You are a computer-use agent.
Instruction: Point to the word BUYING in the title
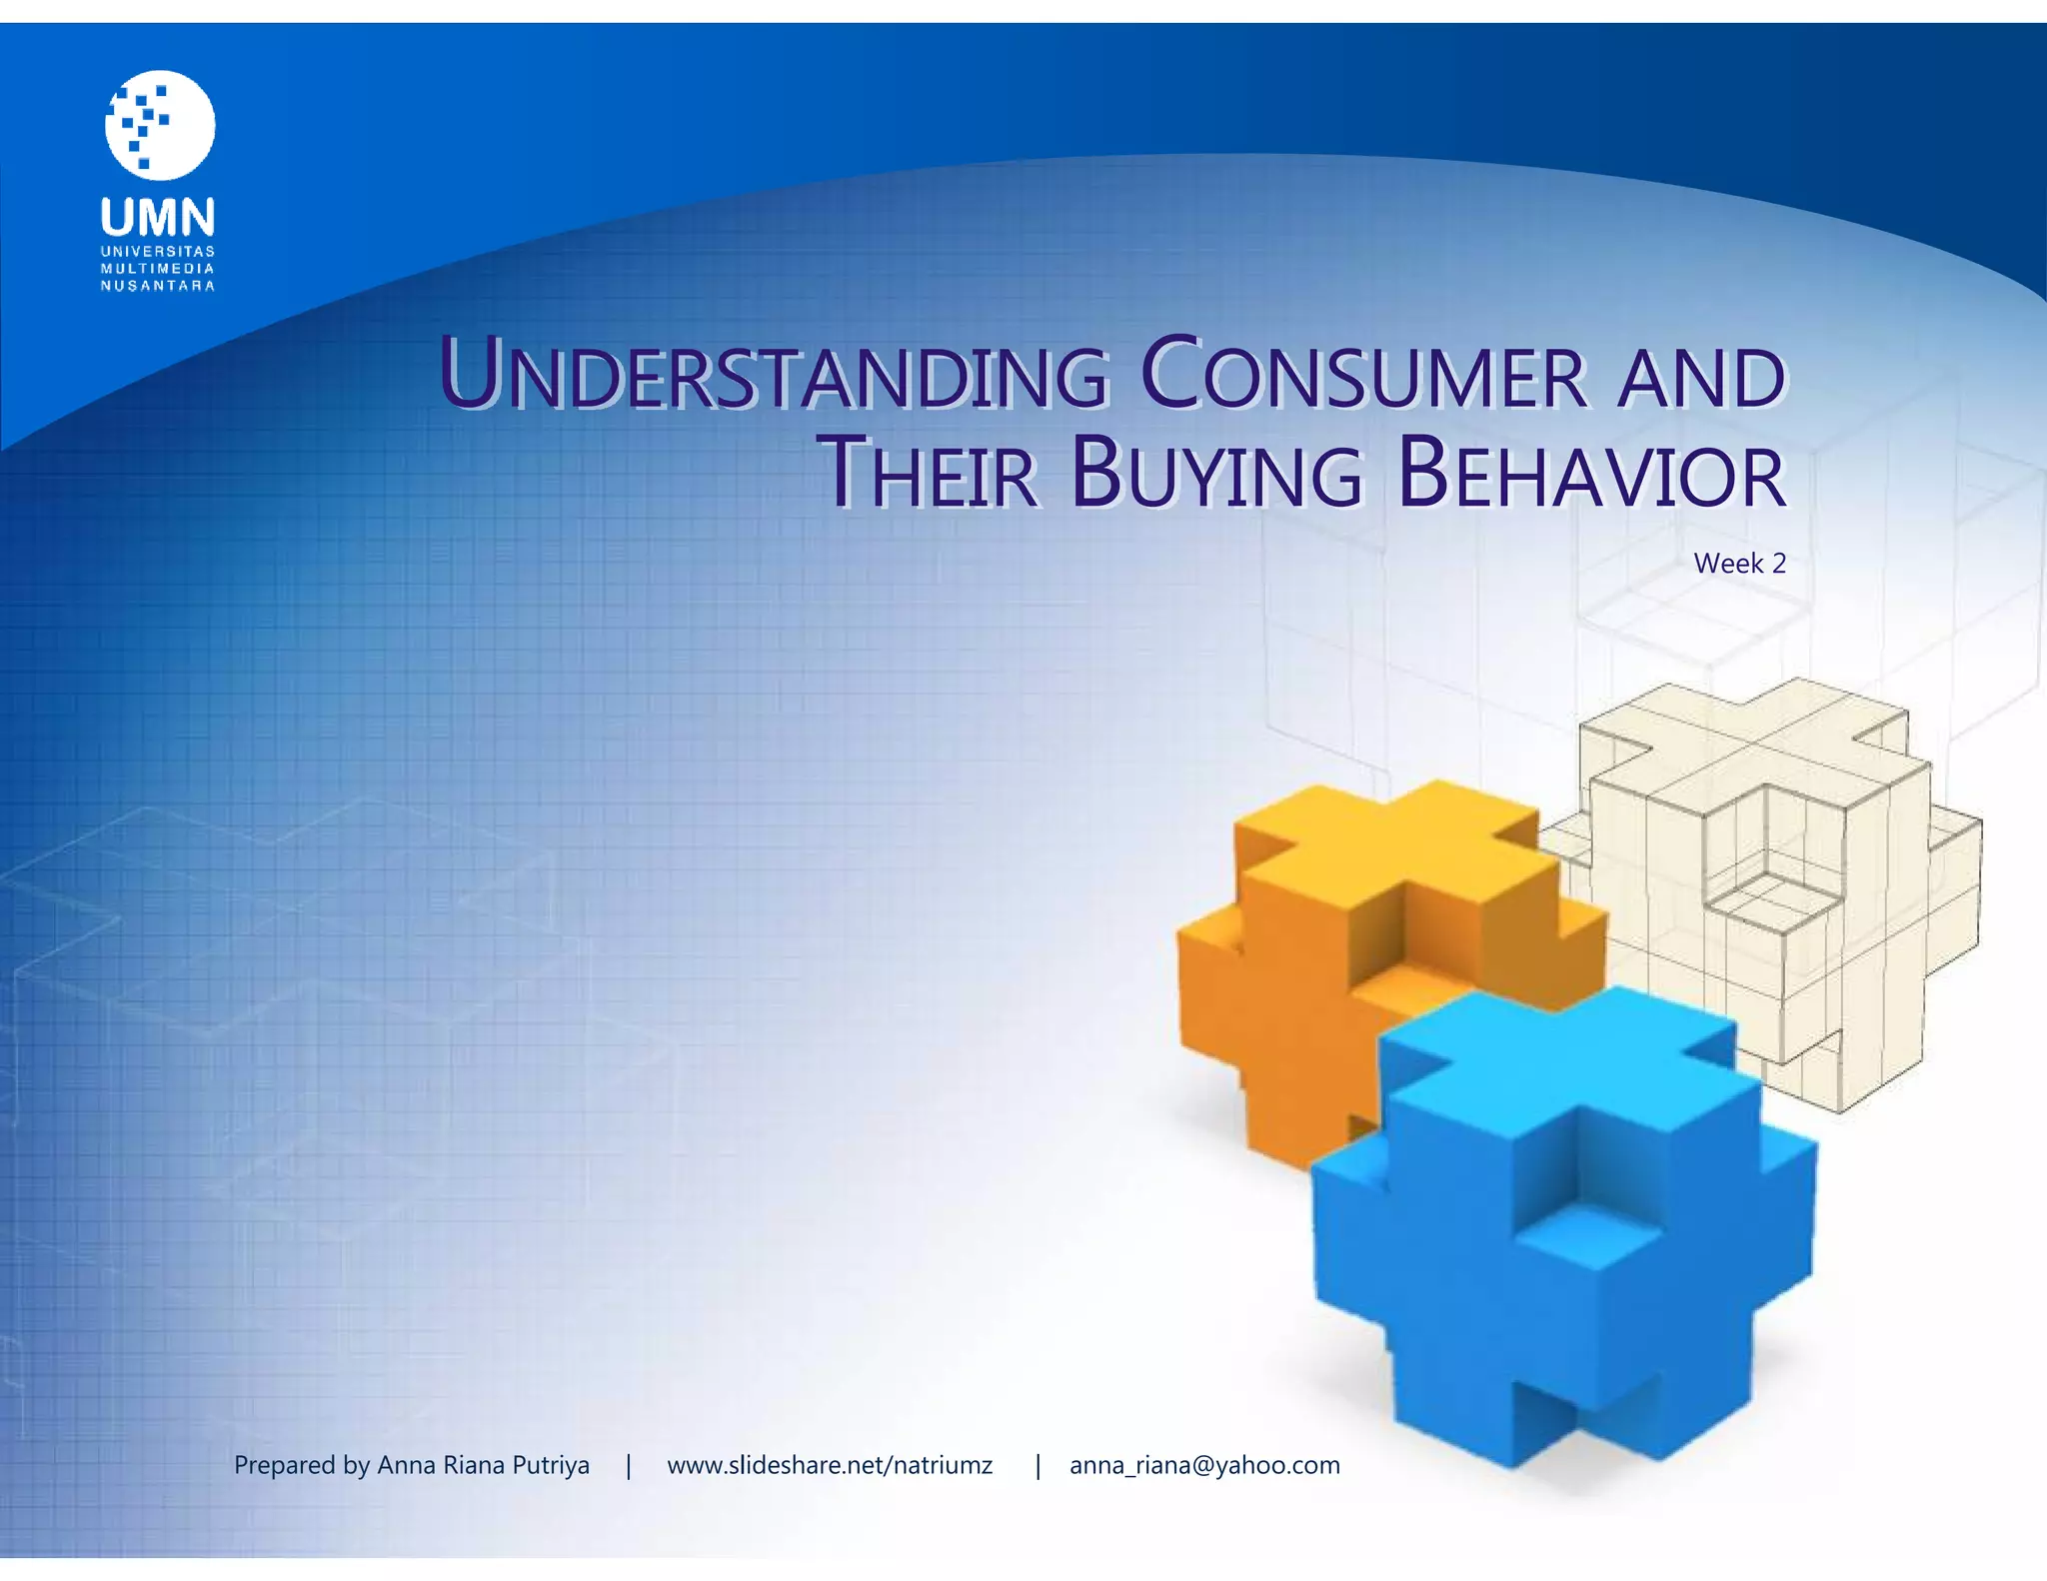[x=1216, y=473]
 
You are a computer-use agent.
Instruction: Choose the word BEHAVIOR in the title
[x=1591, y=473]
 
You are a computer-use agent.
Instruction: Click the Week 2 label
[x=1739, y=564]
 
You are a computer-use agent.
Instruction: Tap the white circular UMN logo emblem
[x=160, y=125]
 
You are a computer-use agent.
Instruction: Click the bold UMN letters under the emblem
[x=158, y=217]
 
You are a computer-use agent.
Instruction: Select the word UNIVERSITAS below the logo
[x=158, y=252]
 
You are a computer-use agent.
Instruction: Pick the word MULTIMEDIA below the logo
[x=158, y=269]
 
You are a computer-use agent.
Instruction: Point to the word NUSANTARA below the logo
[x=158, y=286]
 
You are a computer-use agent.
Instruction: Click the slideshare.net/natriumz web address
[x=830, y=1465]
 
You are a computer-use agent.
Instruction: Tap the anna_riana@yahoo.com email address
[x=1204, y=1465]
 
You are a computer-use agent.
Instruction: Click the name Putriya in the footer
[x=551, y=1465]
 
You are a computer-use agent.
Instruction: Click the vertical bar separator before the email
[x=1038, y=1465]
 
